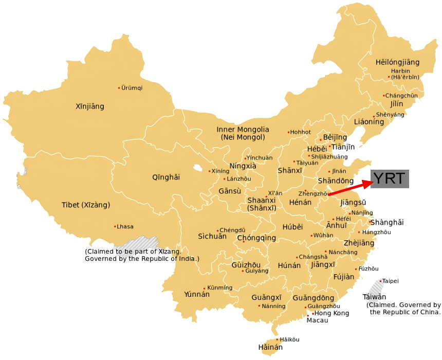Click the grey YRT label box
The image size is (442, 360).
pos(390,179)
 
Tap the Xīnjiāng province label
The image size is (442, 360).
pos(90,106)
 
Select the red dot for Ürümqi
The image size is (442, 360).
pos(119,87)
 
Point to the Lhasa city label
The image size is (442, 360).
pos(125,226)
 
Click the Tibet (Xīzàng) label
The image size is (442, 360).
pos(86,205)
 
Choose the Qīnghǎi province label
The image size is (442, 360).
pos(166,177)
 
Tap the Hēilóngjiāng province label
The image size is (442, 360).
pos(397,62)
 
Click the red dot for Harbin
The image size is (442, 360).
pos(389,77)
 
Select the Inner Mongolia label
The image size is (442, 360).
pos(243,130)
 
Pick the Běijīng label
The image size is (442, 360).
pos(335,137)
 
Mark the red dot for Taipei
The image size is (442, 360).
pos(381,281)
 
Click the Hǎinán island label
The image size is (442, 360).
pos(270,347)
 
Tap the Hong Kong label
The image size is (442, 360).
pos(331,313)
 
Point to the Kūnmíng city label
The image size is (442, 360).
pos(219,287)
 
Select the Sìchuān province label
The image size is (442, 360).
pos(212,237)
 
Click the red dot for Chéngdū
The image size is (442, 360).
pos(218,231)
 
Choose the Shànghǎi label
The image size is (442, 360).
pos(387,222)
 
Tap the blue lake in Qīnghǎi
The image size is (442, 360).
pos(197,168)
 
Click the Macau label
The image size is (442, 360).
pos(317,320)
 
